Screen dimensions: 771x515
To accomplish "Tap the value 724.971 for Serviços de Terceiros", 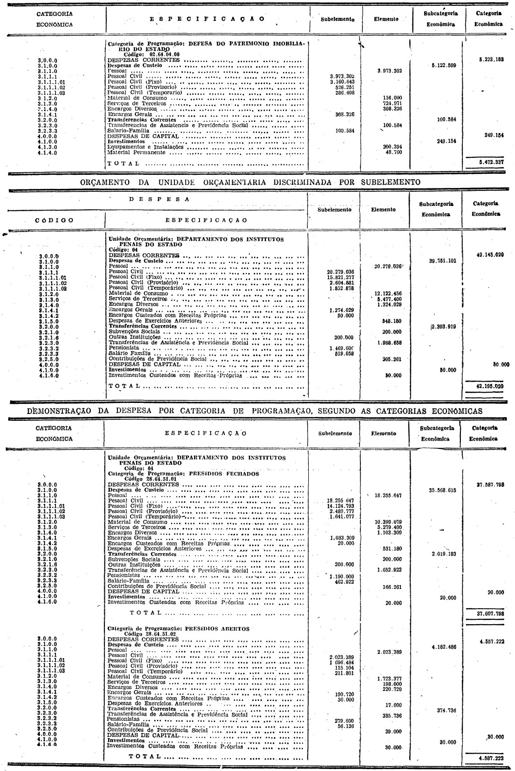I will coord(392,103).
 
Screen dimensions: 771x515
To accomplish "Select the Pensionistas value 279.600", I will coord(344,720).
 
